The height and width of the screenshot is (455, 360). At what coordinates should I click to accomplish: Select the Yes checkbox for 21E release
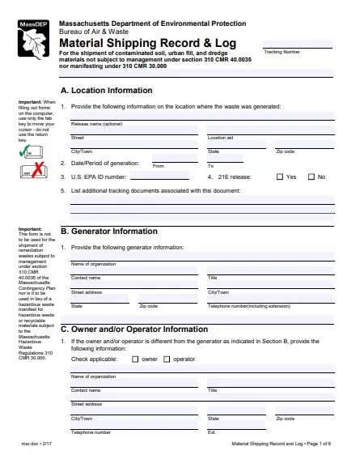280,176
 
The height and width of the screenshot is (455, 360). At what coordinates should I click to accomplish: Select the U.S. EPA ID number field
165,176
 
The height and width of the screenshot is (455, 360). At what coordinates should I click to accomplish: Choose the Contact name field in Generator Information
134,271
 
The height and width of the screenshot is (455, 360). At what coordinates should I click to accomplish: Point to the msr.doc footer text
31,444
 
